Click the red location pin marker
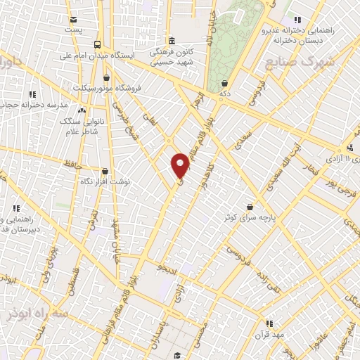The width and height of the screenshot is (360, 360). (x=180, y=165)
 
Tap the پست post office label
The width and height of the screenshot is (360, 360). (x=73, y=30)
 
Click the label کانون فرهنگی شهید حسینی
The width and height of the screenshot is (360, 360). (x=168, y=57)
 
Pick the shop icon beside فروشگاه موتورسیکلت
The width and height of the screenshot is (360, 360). (x=105, y=77)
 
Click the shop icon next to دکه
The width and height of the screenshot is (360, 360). (x=224, y=83)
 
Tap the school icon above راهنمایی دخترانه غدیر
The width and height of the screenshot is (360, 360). (x=298, y=19)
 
